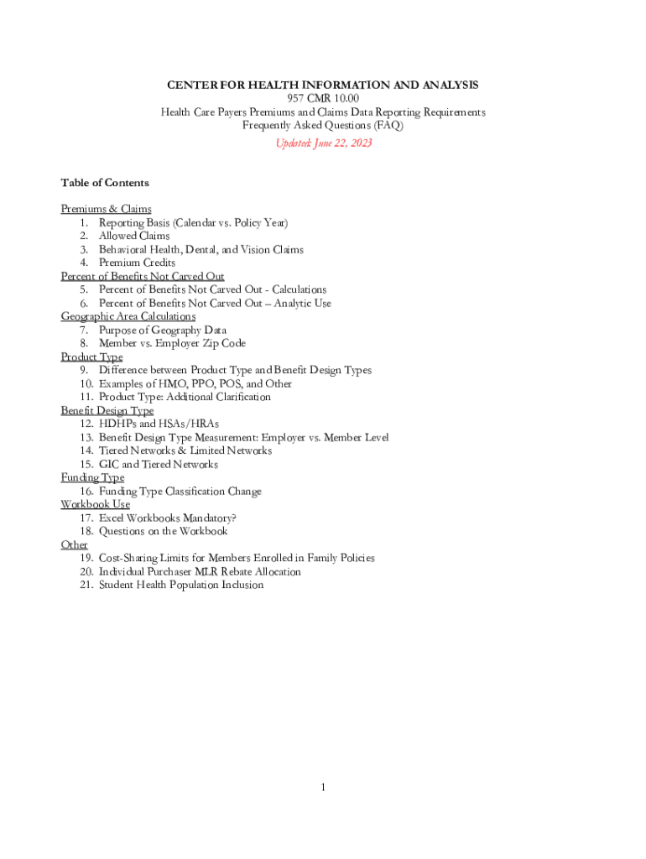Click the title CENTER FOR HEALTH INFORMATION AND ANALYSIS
[322, 86]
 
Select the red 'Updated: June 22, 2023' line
[323, 143]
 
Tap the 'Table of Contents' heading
[105, 183]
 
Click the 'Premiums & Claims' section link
[106, 209]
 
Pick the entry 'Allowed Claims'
[134, 236]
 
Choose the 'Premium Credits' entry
[137, 263]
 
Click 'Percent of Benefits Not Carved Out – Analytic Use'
[215, 303]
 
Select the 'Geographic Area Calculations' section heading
[128, 316]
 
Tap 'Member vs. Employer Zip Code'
[172, 343]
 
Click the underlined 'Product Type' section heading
[91, 357]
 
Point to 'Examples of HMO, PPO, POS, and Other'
[195, 383]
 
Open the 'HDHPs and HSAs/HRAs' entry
[159, 424]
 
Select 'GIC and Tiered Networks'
[158, 464]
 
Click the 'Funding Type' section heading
[92, 477]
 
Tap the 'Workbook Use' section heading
[95, 504]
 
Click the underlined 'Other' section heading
[74, 544]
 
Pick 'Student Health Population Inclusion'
[181, 585]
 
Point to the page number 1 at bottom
[322, 787]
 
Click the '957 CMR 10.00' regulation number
[323, 99]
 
